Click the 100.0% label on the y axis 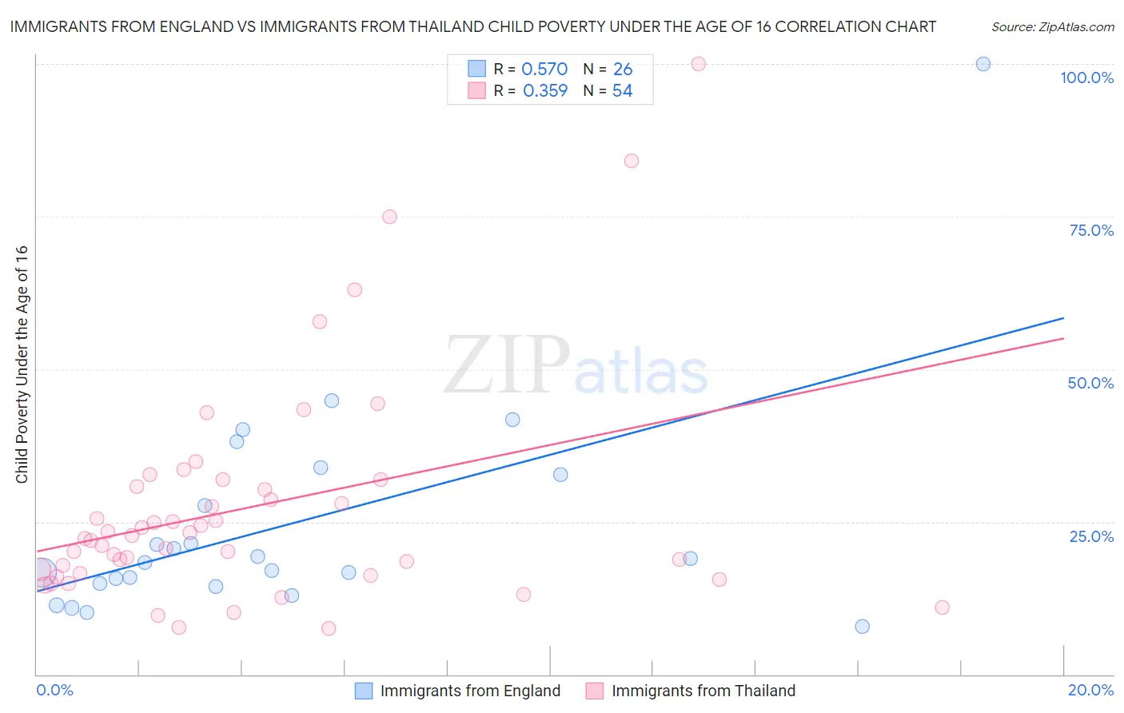click(1086, 78)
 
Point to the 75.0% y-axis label click(1091, 230)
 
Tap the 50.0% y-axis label click(1090, 383)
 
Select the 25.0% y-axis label click(1091, 536)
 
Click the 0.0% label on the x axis click(54, 690)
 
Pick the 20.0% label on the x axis click(1090, 690)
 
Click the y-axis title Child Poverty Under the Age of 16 click(22, 364)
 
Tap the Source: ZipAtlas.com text click(1052, 26)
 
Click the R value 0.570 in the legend click(544, 69)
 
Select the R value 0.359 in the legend click(544, 90)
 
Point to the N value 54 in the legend click(622, 90)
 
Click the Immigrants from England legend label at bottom click(470, 691)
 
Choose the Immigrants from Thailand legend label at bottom click(703, 691)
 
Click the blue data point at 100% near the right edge click(983, 64)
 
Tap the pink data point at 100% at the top click(698, 64)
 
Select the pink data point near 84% click(632, 161)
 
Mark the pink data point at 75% click(389, 217)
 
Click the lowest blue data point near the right click(862, 627)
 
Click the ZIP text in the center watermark click(507, 365)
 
